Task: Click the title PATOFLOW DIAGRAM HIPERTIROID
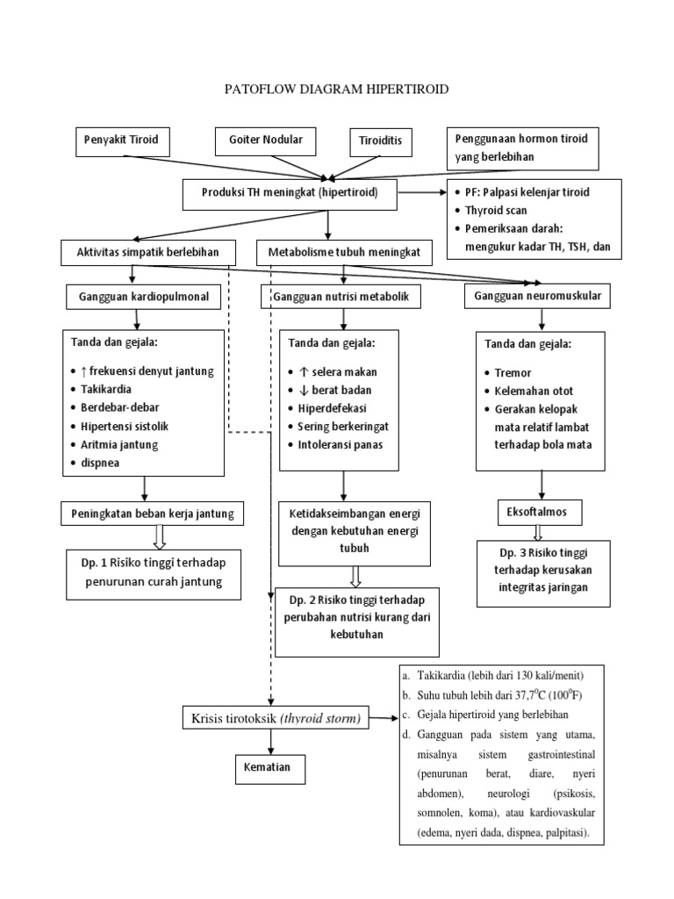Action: (338, 89)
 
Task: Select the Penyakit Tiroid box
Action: (120, 140)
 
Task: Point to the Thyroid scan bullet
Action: (491, 211)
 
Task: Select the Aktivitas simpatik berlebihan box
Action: (150, 253)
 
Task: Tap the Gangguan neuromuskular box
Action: (537, 297)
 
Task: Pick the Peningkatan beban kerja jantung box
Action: (150, 512)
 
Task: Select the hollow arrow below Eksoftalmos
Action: (537, 531)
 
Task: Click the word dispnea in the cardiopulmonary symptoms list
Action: (103, 462)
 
